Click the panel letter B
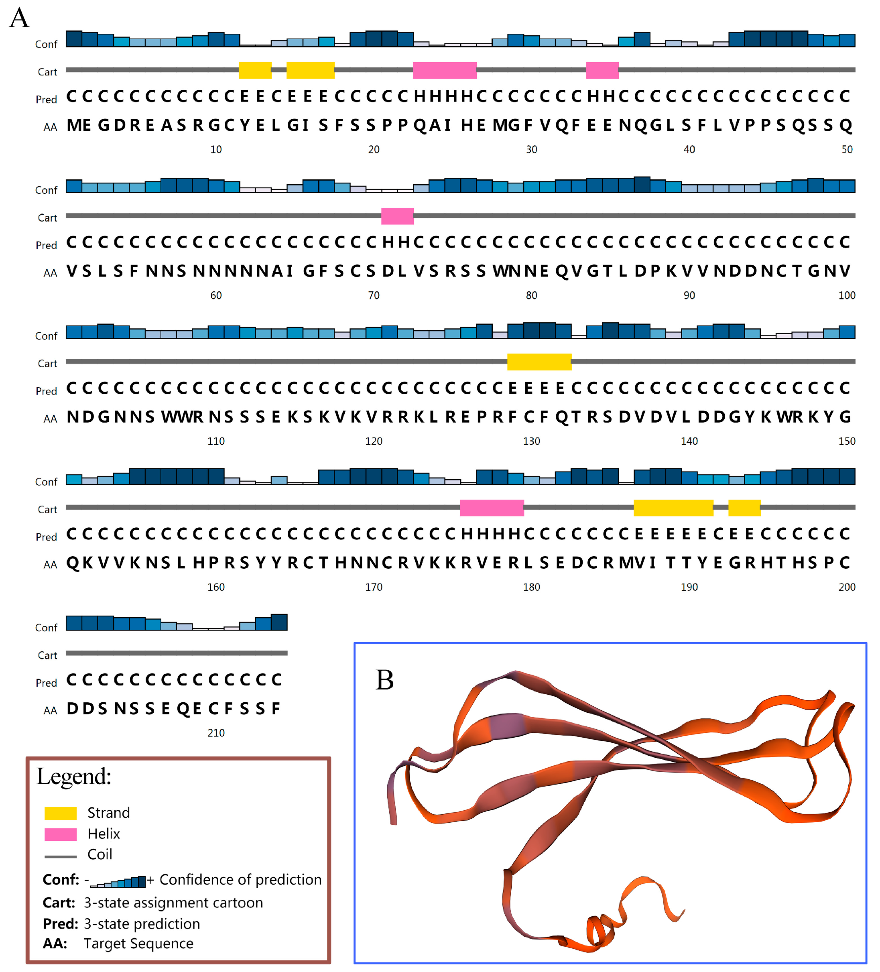(384, 680)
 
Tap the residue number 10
(215, 149)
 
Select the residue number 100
(846, 295)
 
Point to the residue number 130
(531, 441)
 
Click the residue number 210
(215, 733)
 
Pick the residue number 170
(373, 587)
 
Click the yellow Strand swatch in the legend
(60, 813)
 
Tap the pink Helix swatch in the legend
(60, 834)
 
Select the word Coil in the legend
(100, 854)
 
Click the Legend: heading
(74, 776)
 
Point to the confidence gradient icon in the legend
(118, 881)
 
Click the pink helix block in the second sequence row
(397, 216)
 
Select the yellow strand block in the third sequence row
(539, 362)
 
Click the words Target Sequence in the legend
(138, 944)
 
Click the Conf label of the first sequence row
(46, 45)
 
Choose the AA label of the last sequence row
(50, 711)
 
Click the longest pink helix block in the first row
(444, 70)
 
